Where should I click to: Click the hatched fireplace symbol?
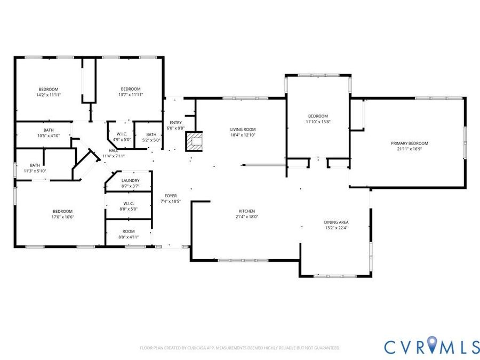[x=194, y=141]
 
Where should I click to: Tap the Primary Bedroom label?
[x=409, y=143]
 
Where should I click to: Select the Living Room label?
[x=243, y=130]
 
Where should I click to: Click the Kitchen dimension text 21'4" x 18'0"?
[x=247, y=217]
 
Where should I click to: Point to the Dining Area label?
[x=336, y=222]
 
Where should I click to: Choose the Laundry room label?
[x=131, y=181]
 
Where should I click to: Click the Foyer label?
[x=171, y=196]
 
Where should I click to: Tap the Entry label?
[x=175, y=123]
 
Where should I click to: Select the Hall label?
[x=113, y=150]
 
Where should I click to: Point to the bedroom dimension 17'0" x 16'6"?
[x=63, y=217]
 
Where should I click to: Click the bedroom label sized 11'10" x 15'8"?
[x=318, y=116]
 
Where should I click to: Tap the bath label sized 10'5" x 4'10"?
[x=49, y=130]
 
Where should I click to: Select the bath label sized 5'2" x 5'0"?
[x=151, y=135]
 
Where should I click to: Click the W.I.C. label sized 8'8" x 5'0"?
[x=129, y=204]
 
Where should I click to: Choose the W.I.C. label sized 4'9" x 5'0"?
[x=122, y=134]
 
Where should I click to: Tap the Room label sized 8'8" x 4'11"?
[x=129, y=231]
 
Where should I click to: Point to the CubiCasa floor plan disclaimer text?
[x=240, y=348]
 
